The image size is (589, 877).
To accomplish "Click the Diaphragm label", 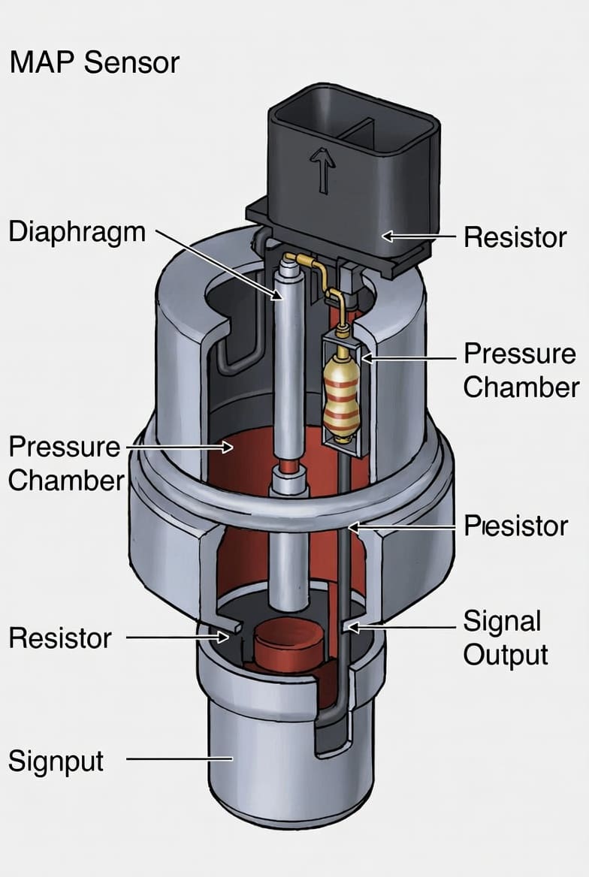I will (x=77, y=232).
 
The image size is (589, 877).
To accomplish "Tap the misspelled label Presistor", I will (x=515, y=526).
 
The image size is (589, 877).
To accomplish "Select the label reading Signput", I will (x=56, y=761).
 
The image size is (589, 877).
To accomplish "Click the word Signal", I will (x=502, y=622).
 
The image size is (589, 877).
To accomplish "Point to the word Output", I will (x=506, y=655).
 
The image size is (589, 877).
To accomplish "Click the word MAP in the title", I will (x=43, y=62).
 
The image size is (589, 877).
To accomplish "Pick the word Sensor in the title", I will (x=132, y=62).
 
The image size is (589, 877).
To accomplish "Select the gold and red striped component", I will (x=341, y=395).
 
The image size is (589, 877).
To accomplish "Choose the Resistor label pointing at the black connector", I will (x=515, y=237).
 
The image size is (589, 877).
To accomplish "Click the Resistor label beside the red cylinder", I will (x=60, y=638).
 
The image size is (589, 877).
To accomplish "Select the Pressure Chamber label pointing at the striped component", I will (x=521, y=370).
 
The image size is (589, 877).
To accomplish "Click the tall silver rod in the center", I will (x=290, y=375).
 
